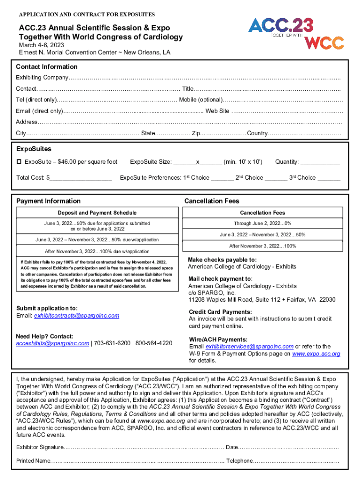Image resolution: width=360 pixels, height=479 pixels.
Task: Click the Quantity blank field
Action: point(320,163)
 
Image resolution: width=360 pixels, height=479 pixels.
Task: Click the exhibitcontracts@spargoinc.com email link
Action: point(77,316)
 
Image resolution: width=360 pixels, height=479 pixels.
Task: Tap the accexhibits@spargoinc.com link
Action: point(52,343)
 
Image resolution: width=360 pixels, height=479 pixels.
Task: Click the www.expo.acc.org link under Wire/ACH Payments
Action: point(316,354)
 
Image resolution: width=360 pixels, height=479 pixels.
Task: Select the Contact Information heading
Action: point(47,67)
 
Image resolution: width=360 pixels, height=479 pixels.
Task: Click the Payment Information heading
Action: point(48,201)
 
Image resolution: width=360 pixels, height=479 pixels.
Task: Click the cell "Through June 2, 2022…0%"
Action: point(262,223)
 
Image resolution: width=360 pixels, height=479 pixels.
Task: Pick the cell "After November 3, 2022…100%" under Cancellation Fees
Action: point(262,246)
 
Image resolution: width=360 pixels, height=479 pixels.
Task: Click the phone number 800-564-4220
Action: point(154,343)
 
